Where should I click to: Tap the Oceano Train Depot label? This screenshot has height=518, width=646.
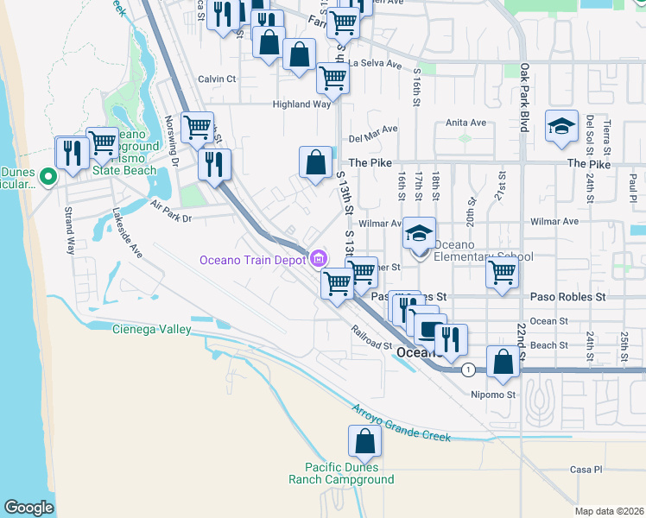pos(254,259)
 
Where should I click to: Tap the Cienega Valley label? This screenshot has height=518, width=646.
pos(151,328)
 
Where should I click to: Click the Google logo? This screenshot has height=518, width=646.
pos(28,508)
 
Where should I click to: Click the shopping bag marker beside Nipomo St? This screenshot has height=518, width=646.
pos(503,363)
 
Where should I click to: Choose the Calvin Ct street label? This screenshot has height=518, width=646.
pos(217,79)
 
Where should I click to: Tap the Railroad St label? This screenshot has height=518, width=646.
pos(372,337)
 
